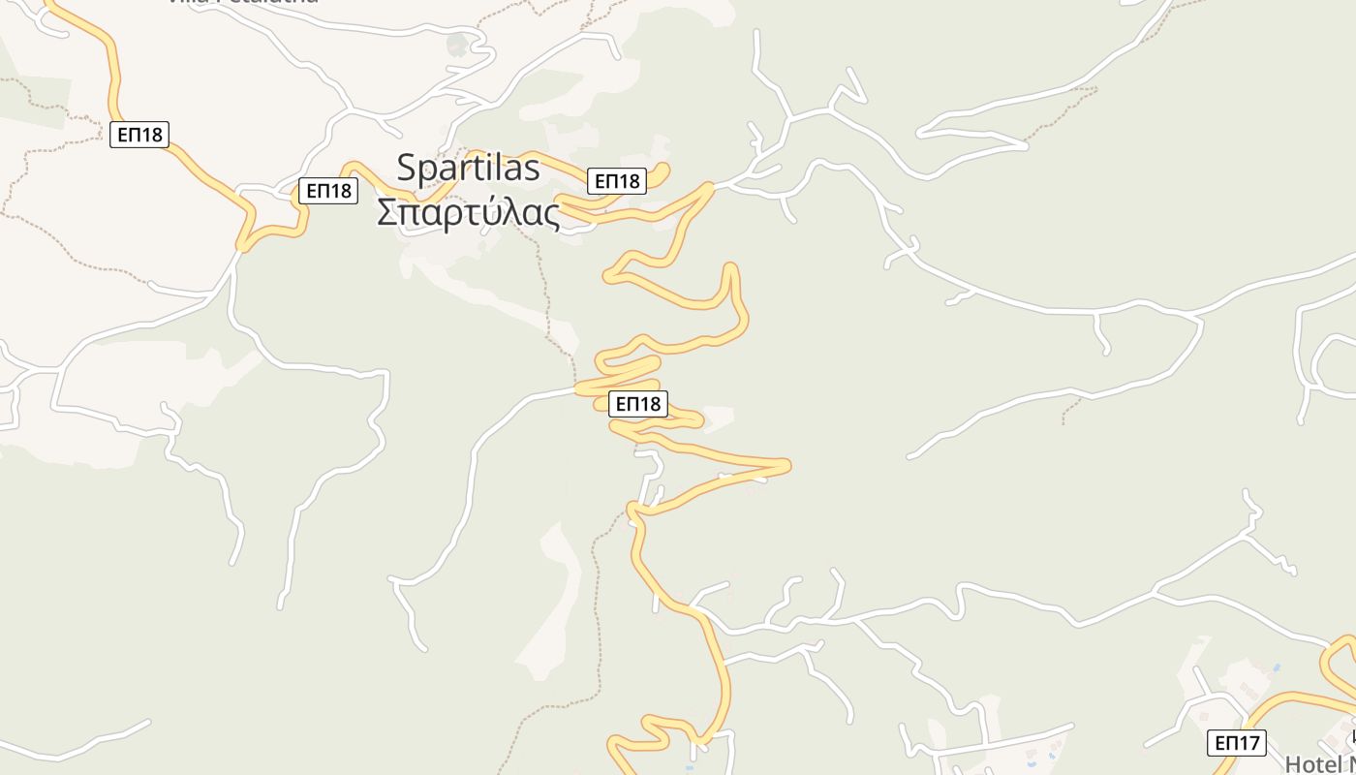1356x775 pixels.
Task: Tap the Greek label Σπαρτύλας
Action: [468, 213]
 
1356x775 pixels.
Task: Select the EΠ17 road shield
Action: [1237, 743]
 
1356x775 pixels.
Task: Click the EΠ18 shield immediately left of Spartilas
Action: [328, 191]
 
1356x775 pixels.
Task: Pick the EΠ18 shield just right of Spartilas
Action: [617, 181]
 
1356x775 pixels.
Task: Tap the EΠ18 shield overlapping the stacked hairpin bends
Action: [638, 404]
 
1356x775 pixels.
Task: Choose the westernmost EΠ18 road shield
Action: [139, 135]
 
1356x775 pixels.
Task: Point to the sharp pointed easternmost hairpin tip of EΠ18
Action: [788, 466]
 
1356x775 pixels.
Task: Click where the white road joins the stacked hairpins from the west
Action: [577, 389]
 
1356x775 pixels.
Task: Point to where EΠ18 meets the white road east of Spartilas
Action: [713, 185]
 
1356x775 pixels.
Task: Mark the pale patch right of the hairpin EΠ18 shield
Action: [720, 416]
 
